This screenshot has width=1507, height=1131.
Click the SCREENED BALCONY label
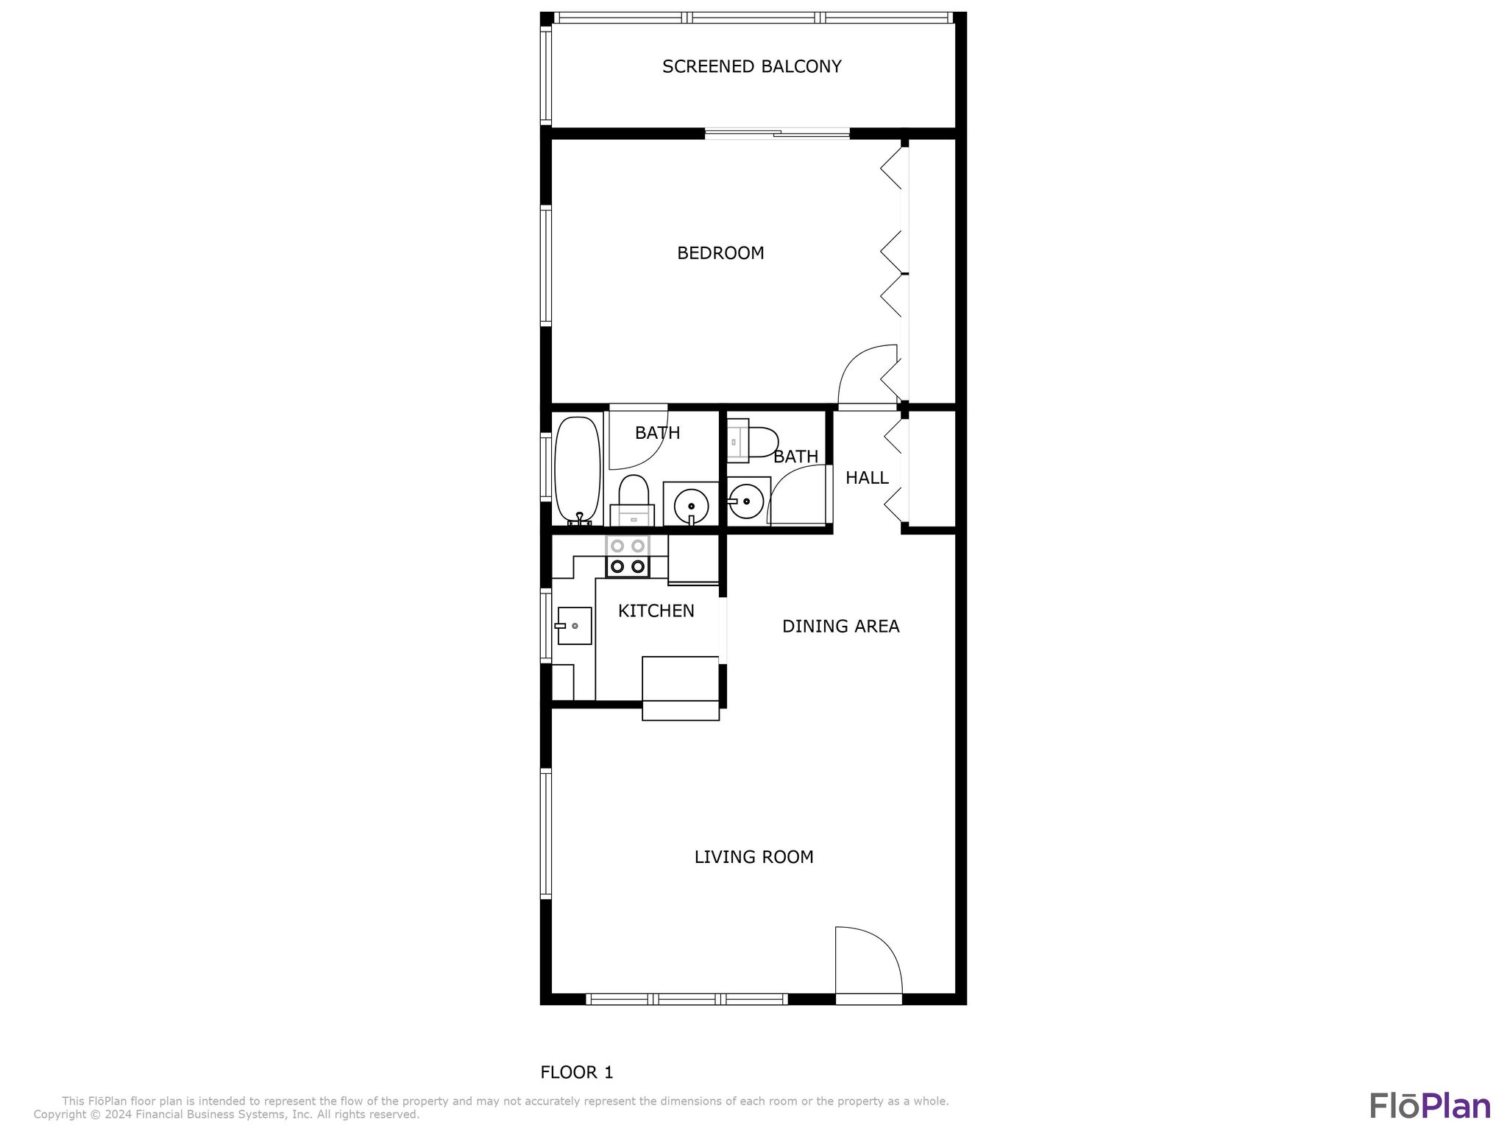tap(751, 67)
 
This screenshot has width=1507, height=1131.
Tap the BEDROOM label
tap(720, 253)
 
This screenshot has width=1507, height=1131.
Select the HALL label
tap(867, 478)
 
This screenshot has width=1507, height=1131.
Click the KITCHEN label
tap(656, 610)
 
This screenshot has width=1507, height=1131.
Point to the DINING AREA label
tap(840, 626)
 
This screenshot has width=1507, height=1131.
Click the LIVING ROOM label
tap(753, 857)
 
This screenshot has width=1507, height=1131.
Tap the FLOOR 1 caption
tap(576, 1072)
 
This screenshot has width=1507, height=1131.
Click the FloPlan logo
tap(1429, 1106)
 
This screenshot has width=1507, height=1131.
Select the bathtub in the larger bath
tap(578, 470)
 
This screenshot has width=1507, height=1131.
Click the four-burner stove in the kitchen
tap(628, 557)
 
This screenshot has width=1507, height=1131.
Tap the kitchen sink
tap(574, 626)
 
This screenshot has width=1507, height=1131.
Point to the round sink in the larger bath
tap(691, 506)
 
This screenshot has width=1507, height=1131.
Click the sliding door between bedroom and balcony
tap(777, 134)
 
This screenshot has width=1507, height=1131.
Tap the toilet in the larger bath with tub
tap(633, 499)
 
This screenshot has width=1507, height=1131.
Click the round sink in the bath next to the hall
tap(748, 501)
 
